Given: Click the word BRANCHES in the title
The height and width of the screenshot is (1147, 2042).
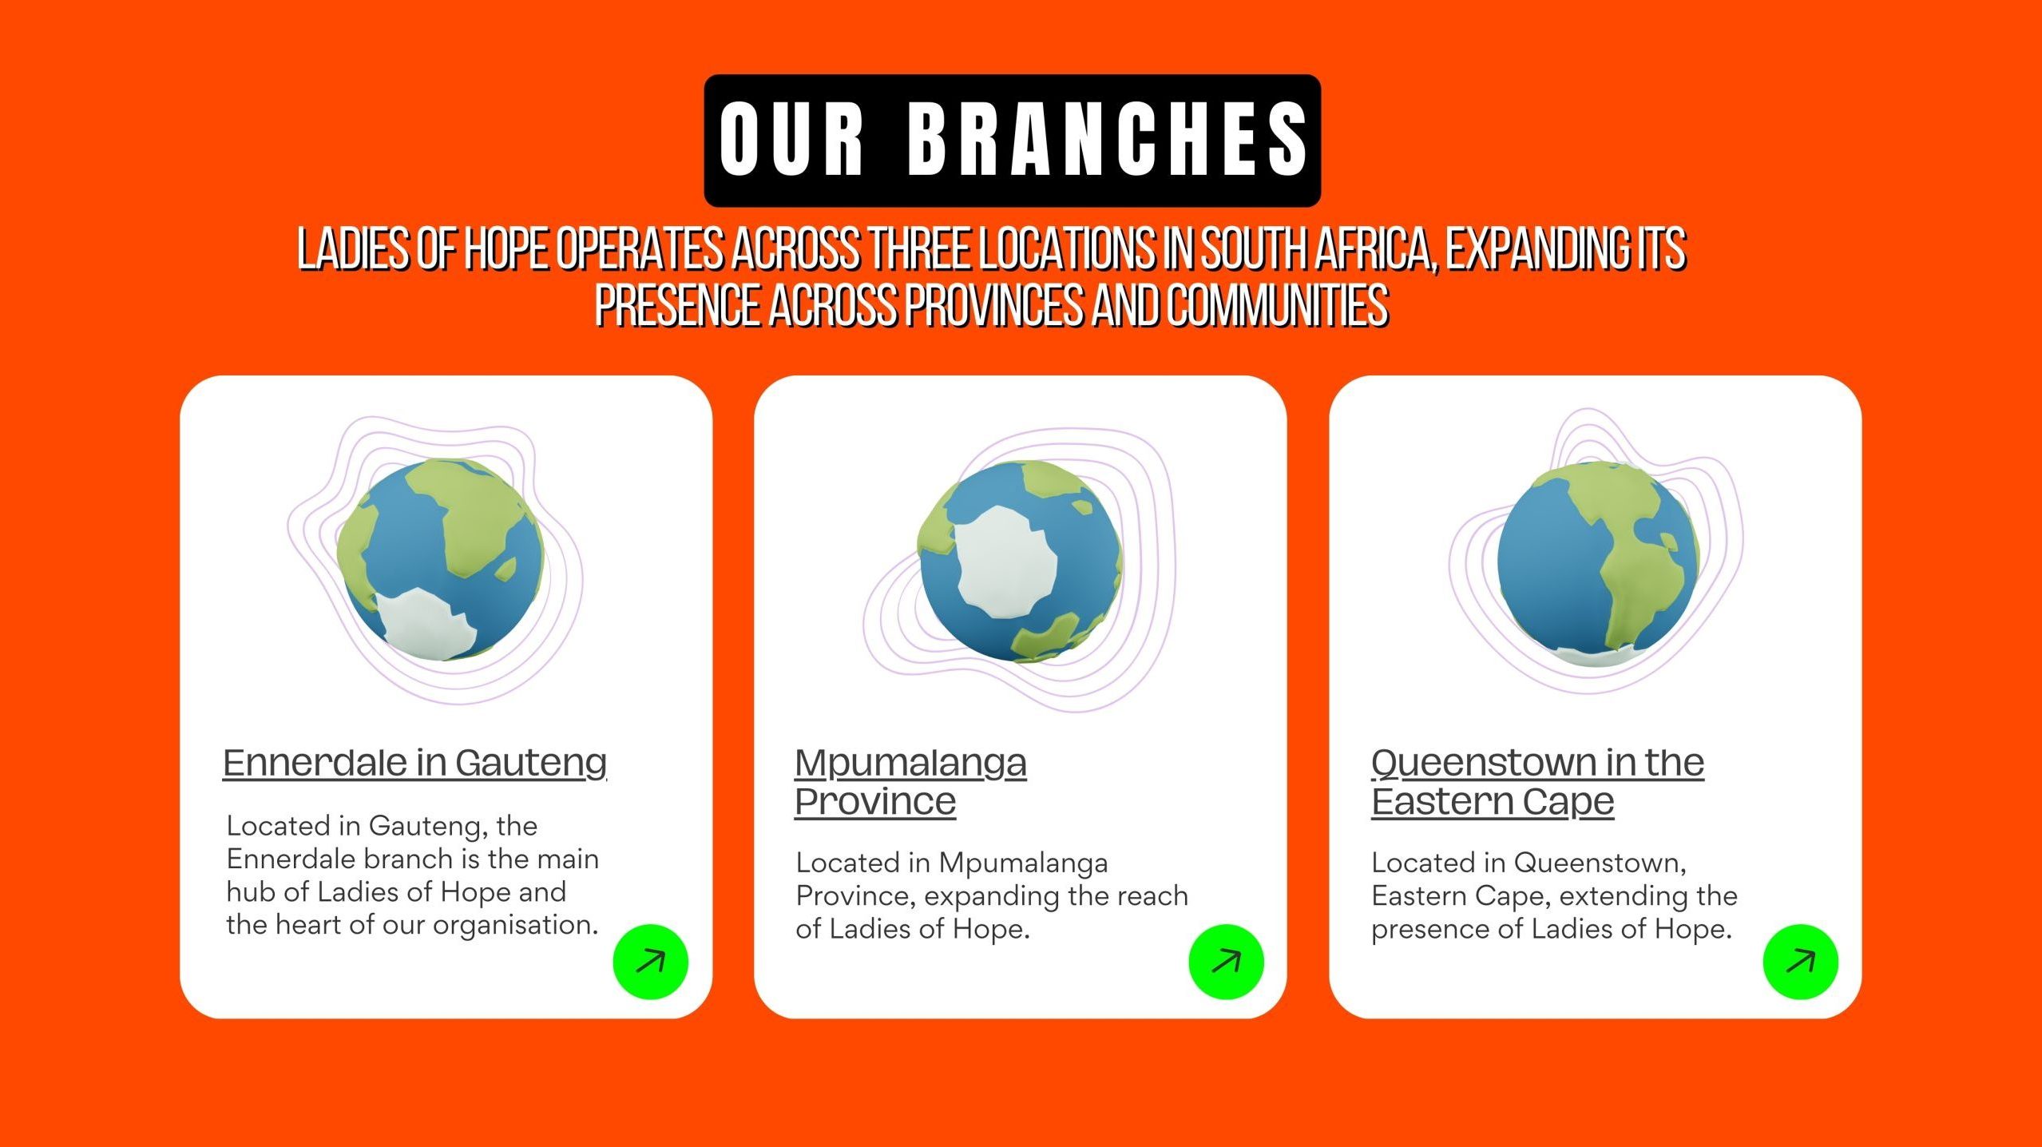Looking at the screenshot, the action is [1108, 140].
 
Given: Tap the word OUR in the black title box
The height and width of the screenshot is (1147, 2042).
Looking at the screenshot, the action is [791, 140].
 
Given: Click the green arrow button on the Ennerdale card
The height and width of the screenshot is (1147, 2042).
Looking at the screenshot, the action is [650, 962].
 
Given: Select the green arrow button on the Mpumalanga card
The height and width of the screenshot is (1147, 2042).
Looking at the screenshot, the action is [1226, 962].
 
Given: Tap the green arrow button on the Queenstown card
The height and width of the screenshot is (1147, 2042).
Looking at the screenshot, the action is [1800, 962].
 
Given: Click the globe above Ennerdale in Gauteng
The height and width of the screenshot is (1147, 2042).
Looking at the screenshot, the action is [441, 559].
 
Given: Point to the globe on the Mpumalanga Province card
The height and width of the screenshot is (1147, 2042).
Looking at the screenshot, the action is [1020, 562].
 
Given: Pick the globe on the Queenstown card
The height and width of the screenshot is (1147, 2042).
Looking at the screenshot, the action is [1597, 564].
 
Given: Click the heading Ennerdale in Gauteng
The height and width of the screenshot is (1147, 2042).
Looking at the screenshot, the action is [414, 764].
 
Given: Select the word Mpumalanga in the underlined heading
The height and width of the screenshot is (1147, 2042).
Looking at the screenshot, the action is [910, 764].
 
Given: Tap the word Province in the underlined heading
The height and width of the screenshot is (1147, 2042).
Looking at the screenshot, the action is [875, 801].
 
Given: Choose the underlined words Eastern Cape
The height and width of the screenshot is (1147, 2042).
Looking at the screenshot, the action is [1493, 802].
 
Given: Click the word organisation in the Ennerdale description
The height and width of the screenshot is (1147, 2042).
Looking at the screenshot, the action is [515, 925].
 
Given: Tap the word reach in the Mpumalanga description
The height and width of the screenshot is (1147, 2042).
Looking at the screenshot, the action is [1152, 895].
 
